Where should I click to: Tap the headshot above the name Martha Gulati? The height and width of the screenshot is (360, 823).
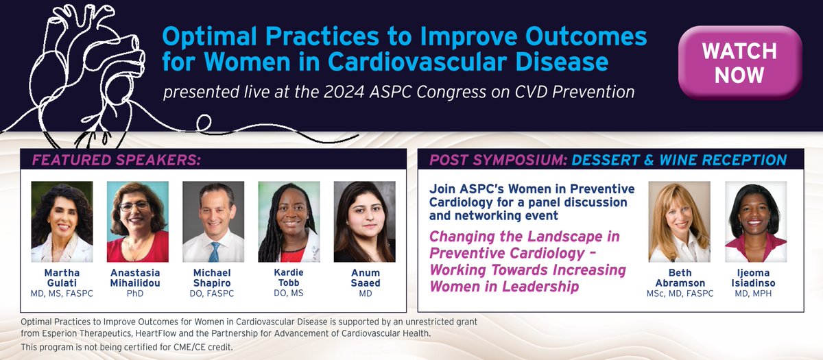pyautogui.click(x=62, y=221)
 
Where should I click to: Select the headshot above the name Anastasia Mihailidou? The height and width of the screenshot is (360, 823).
pyautogui.click(x=137, y=221)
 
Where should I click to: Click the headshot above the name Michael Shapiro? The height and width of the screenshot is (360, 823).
pyautogui.click(x=213, y=221)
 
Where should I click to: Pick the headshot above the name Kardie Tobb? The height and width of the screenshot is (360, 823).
pyautogui.click(x=289, y=221)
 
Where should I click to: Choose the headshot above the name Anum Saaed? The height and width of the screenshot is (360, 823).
pyautogui.click(x=364, y=221)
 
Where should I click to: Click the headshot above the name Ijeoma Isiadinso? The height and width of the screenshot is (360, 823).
pyautogui.click(x=755, y=223)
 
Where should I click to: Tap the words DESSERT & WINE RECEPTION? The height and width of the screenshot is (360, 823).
pyautogui.click(x=678, y=160)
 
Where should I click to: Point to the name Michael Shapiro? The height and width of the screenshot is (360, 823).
pyautogui.click(x=213, y=278)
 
